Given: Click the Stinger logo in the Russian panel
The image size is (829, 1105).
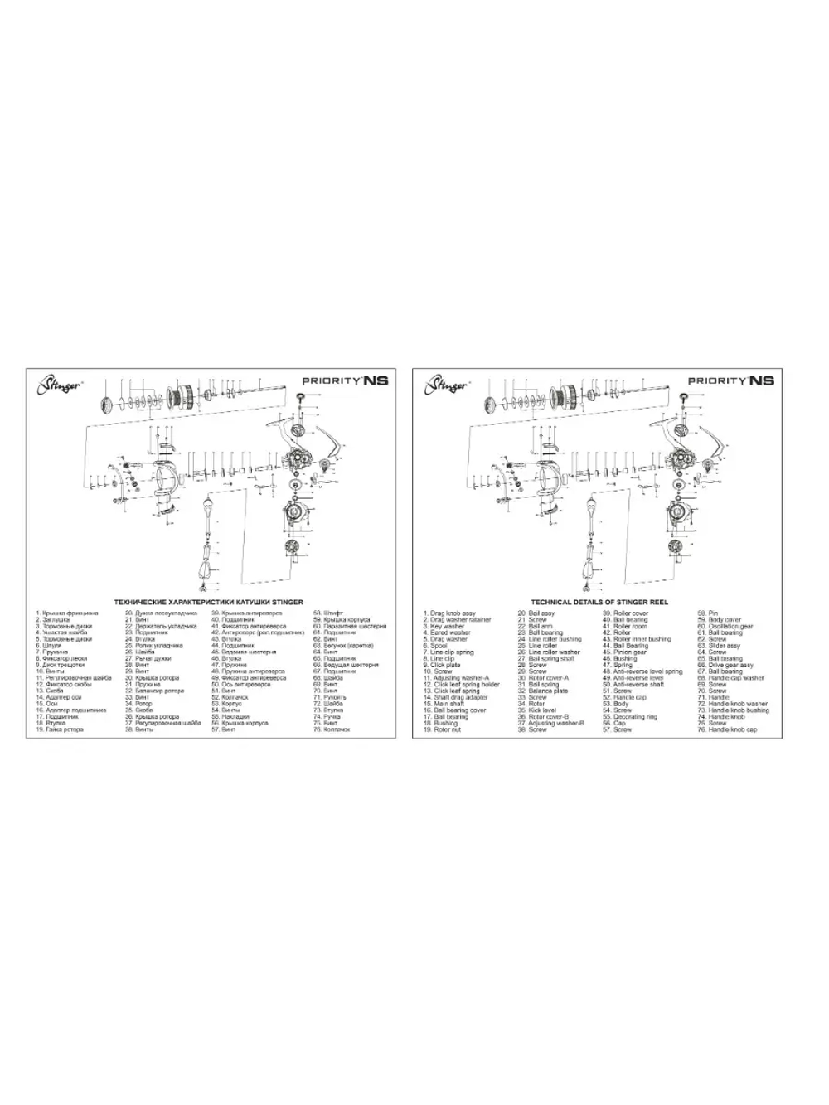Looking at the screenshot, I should coord(57,383).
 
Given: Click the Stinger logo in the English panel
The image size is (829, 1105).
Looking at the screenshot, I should coord(444,383).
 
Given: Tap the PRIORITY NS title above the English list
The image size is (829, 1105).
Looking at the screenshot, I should coord(730,380).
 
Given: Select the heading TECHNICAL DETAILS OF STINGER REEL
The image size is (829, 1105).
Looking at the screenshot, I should coord(599,602).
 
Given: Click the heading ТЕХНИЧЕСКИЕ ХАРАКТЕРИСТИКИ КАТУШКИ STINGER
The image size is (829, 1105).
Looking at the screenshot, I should coord(208,602).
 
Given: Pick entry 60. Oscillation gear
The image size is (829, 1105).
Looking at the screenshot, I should coord(729,627).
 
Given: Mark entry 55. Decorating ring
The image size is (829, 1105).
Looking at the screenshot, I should coord(633,717).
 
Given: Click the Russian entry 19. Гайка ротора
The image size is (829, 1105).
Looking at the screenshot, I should coord(62,729).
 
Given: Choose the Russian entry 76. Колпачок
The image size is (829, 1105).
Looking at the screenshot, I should coord(331,729).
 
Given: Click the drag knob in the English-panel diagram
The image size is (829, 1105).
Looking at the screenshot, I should coord(493,405).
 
